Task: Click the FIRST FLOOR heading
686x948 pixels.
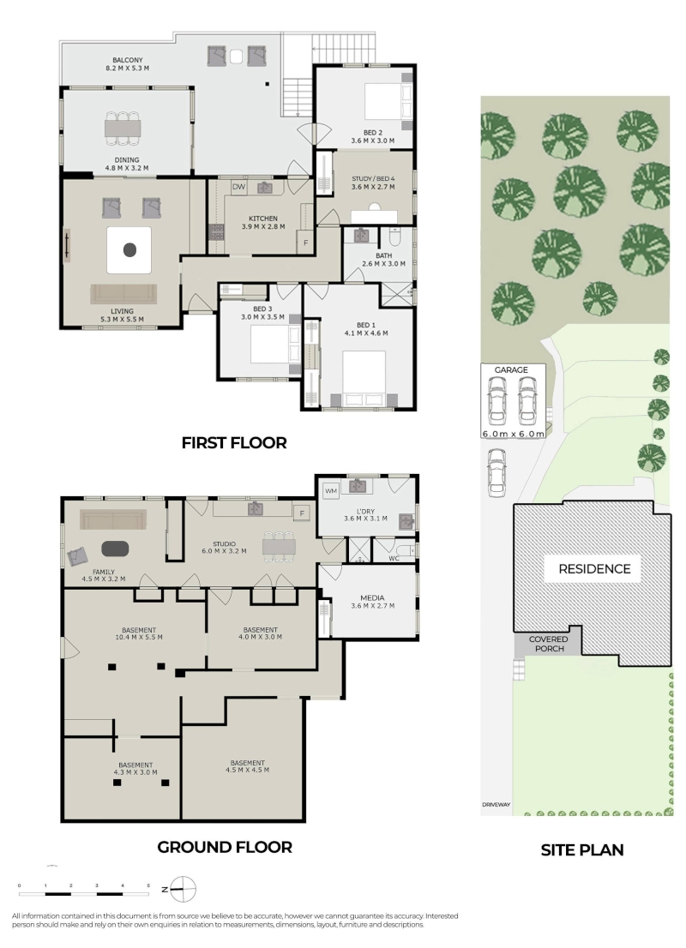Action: click(x=233, y=443)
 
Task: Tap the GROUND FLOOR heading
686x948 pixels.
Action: click(x=225, y=848)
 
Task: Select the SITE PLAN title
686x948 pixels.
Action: click(x=582, y=850)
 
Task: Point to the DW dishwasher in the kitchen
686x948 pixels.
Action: click(x=239, y=187)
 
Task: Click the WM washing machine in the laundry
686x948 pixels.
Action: click(x=331, y=491)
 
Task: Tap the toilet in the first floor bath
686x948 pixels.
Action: click(x=395, y=237)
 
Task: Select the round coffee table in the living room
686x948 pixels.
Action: click(x=129, y=249)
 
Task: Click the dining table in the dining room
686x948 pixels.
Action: click(x=123, y=128)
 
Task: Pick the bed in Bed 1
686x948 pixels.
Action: click(x=364, y=380)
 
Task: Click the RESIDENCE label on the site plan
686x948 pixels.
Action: click(x=594, y=569)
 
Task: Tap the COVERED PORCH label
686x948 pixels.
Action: click(x=549, y=644)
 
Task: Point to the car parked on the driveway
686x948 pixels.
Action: click(x=496, y=472)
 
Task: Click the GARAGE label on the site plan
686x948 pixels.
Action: click(x=511, y=370)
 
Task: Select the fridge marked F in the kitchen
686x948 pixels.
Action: click(x=305, y=243)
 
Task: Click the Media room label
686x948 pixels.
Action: click(x=372, y=598)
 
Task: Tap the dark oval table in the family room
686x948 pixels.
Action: click(x=115, y=549)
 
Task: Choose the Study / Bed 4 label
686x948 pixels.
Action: click(x=373, y=179)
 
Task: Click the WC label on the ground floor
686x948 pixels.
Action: click(x=394, y=559)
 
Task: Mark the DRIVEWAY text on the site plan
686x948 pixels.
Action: click(x=496, y=805)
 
